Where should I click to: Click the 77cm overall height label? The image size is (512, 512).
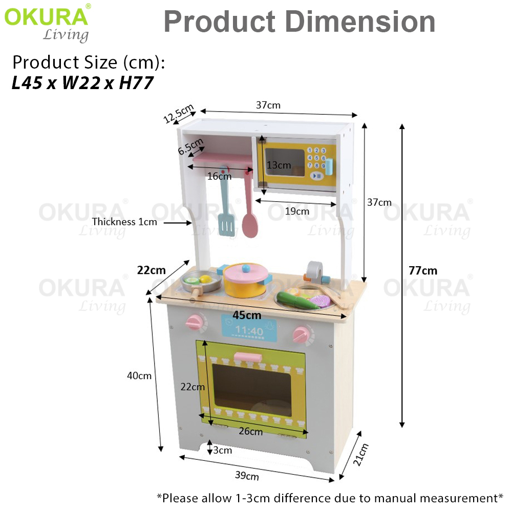tap(423, 270)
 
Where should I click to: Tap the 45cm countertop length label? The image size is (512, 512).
tap(247, 315)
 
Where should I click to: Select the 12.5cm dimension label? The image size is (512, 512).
tap(179, 113)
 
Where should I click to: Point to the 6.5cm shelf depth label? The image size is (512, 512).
tap(190, 146)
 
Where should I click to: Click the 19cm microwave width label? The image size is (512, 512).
tap(297, 211)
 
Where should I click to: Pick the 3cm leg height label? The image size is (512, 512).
tap(223, 450)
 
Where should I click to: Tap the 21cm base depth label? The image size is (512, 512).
tap(361, 455)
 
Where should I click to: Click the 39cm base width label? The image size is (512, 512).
tap(247, 476)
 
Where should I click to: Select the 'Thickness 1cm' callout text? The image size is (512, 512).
tap(124, 222)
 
